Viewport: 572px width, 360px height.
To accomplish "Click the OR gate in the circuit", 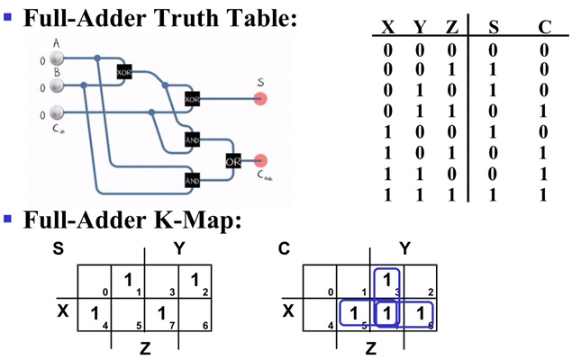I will pos(233,162).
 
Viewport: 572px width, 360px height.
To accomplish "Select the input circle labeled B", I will pos(57,85).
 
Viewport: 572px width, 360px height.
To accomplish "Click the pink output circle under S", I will pos(260,98).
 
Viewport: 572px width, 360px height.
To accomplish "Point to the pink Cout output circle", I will pos(261,161).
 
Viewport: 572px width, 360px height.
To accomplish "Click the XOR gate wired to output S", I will pos(191,98).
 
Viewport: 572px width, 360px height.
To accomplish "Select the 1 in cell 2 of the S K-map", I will pos(195,280).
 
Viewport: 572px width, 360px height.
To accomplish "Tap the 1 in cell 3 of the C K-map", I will pos(386,280).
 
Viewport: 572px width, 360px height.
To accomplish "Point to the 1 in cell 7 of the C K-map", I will pos(386,312).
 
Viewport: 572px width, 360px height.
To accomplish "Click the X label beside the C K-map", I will pos(287,311).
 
